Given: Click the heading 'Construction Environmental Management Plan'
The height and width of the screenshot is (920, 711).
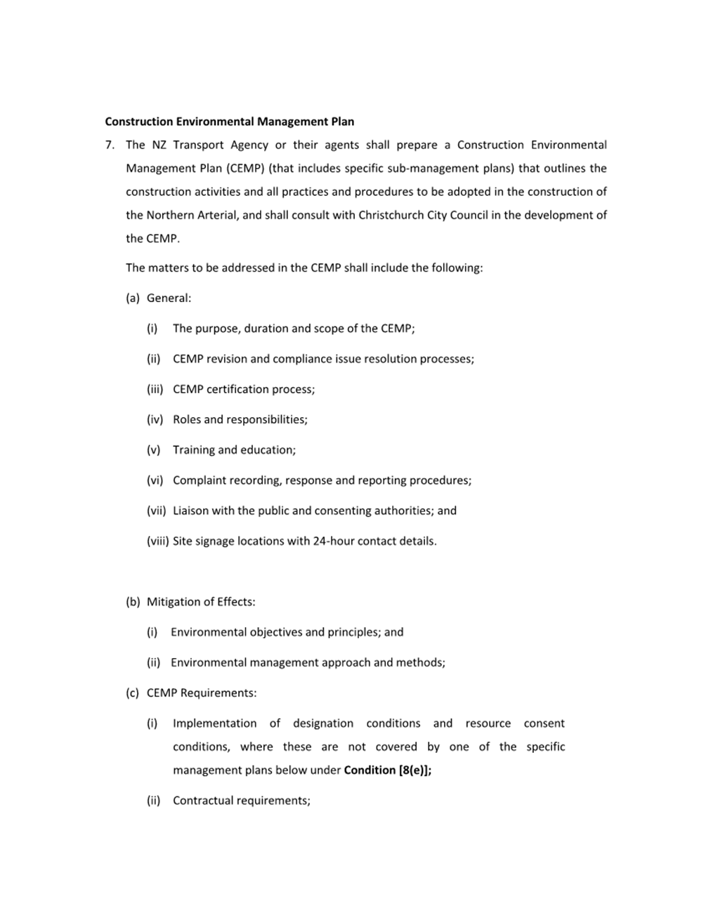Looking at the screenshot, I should coord(229,121).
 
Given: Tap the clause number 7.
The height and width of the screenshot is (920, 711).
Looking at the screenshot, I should coord(110,145).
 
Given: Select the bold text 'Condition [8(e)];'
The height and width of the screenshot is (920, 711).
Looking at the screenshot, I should coord(388,770).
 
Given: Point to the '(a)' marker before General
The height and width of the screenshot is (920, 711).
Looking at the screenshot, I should coord(133,298).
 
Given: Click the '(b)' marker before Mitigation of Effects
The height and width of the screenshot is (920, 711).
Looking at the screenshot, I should coord(133,602).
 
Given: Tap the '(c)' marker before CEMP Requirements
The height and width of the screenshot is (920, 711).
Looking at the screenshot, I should coord(133,693).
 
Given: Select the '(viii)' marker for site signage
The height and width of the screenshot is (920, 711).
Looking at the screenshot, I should coord(157,541).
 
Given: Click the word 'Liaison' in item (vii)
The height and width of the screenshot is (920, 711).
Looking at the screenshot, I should coord(190,511).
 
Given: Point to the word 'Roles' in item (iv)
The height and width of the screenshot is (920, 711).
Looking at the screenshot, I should coord(187,420).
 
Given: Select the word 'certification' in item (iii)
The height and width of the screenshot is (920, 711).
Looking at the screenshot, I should coord(238,390).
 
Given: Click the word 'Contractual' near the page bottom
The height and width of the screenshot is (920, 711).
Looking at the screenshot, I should coord(204,801).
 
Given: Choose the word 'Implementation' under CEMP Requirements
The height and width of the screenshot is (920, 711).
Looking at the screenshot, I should coord(214,723).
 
